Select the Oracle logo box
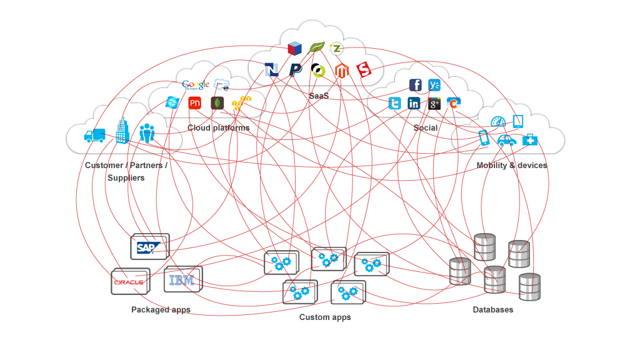129,282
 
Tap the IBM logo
182,281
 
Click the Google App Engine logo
196,85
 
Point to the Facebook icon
415,85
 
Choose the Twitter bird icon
394,104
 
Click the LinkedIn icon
414,104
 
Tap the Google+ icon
434,104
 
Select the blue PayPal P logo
295,70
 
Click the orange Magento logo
341,70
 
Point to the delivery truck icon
94,135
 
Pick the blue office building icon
122,132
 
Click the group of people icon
147,133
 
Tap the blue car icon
507,141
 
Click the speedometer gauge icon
497,122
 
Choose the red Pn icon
195,103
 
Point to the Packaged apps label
161,309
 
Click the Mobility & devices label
511,165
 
